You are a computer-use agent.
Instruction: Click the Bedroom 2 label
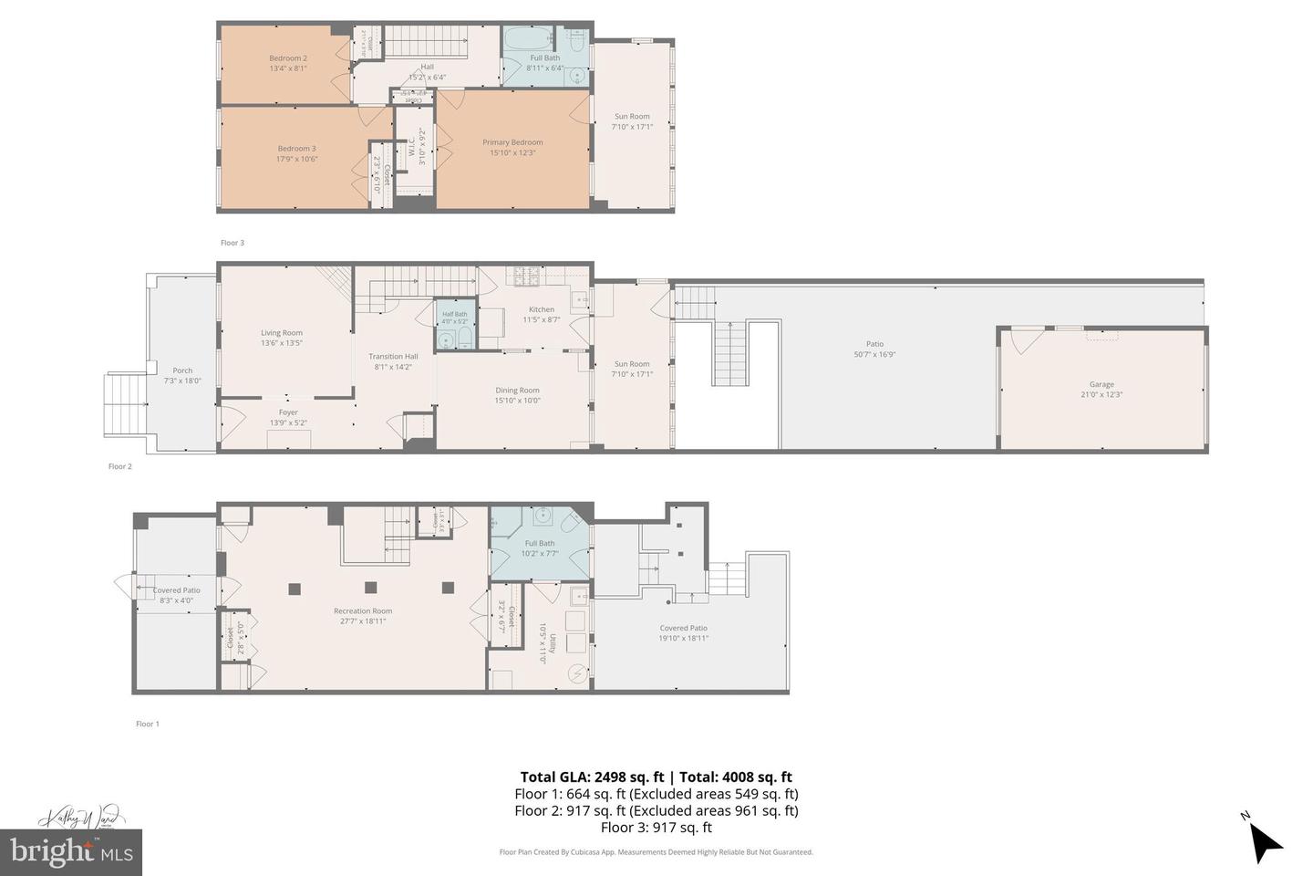point(287,58)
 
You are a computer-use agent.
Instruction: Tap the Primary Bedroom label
point(512,142)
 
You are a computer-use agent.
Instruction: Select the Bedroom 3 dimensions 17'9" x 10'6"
point(296,159)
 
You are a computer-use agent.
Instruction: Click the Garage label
point(1101,384)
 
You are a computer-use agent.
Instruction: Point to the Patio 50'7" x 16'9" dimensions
point(874,354)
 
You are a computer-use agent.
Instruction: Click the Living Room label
point(281,333)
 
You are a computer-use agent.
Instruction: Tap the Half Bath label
point(454,314)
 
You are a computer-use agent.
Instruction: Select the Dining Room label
point(517,391)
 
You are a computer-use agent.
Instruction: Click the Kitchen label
point(541,309)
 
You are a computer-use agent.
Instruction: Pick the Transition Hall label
point(393,357)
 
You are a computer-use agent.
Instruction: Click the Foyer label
point(288,412)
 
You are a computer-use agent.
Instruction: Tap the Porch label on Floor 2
point(182,370)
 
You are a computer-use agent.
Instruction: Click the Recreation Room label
point(363,611)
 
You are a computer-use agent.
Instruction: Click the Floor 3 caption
point(233,243)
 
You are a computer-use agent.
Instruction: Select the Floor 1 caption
point(147,724)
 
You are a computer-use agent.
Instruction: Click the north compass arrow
point(1264,841)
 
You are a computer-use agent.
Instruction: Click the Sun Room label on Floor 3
point(632,116)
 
